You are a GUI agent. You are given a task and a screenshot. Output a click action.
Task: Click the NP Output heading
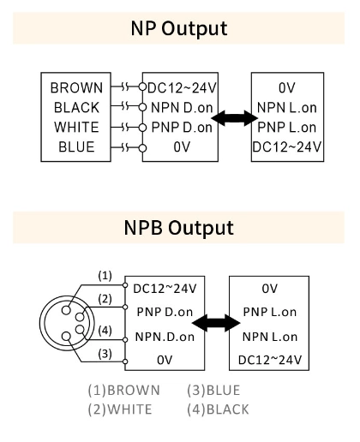point(179,28)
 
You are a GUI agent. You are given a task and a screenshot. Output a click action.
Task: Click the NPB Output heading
point(179,228)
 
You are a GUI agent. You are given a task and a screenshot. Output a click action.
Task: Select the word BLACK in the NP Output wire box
point(77,108)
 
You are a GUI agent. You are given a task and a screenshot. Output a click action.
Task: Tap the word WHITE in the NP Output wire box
point(77,127)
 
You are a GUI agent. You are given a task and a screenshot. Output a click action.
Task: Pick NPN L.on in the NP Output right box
point(287,108)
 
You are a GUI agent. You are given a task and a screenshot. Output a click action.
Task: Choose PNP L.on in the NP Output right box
point(287,127)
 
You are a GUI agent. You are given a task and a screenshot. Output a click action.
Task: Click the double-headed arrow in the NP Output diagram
point(231,118)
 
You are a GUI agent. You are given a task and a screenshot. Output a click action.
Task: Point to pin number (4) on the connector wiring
point(104,331)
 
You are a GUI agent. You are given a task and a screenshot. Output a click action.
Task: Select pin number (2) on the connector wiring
point(104,299)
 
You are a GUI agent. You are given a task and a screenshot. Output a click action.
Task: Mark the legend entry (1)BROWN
point(123,390)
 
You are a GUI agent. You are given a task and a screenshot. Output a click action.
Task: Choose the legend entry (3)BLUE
point(213,390)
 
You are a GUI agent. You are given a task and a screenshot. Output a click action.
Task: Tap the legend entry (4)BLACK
point(218,409)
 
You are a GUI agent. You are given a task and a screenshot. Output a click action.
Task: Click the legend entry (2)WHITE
point(121,409)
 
